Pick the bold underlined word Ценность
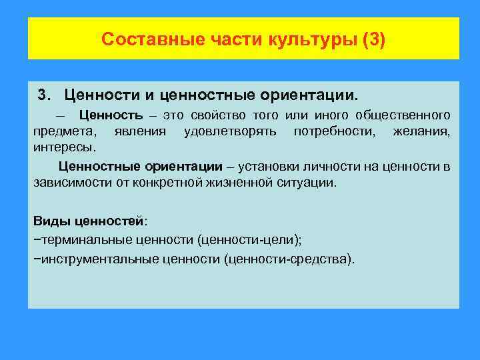coord(106,115)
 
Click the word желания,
coord(426,131)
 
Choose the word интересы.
coord(65,146)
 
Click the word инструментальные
coord(99,258)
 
